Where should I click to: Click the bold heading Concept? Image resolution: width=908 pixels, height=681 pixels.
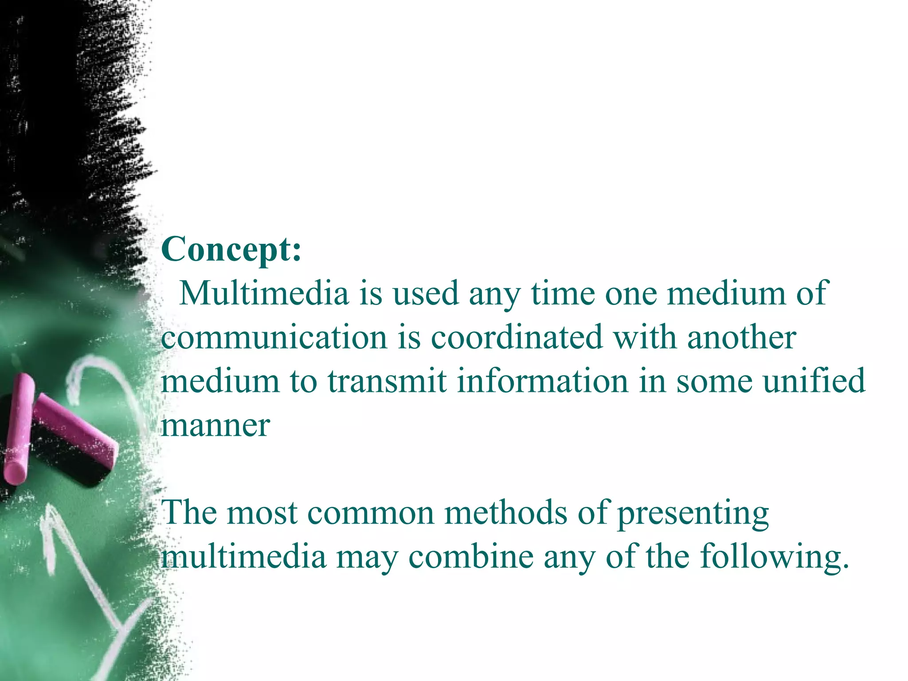coord(231,250)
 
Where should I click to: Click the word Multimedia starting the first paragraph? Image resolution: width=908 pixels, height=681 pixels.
coord(263,294)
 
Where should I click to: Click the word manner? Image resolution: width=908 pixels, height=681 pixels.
coord(215,426)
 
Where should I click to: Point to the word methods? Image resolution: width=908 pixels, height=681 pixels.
coord(505,513)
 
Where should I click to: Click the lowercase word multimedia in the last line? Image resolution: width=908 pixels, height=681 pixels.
coord(243,557)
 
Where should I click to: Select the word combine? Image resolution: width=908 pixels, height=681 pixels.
coord(471,557)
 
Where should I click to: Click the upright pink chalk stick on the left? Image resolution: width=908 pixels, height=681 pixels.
coord(19,428)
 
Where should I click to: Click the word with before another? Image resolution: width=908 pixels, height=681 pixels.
coord(645,337)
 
